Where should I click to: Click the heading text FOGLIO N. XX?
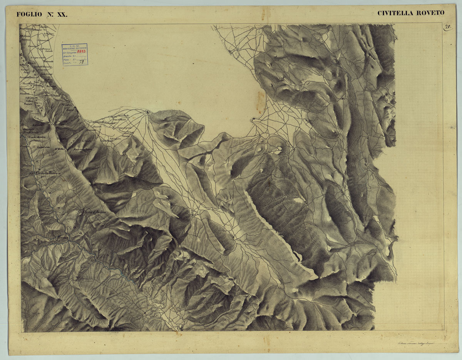tap(42, 15)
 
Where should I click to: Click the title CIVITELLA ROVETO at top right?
tap(410, 13)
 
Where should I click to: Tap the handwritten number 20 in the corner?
tap(447, 27)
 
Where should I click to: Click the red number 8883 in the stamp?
tap(81, 51)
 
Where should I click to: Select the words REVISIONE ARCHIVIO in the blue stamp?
tap(75, 48)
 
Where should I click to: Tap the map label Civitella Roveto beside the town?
tap(48, 174)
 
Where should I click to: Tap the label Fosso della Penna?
tap(83, 149)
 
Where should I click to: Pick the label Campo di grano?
tap(124, 128)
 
